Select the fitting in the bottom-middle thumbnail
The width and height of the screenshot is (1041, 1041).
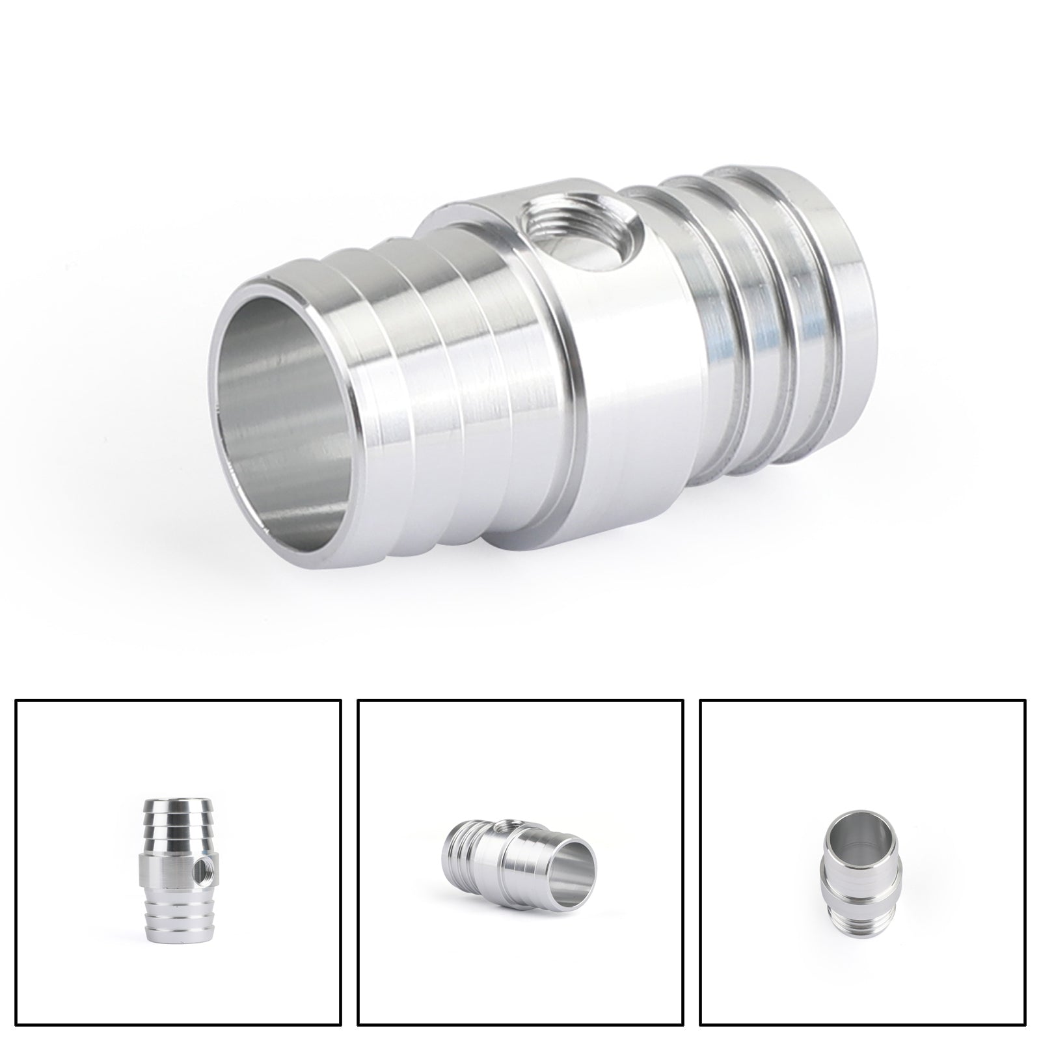pyautogui.click(x=520, y=853)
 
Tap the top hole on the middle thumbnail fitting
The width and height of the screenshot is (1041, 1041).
pyautogui.click(x=500, y=828)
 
